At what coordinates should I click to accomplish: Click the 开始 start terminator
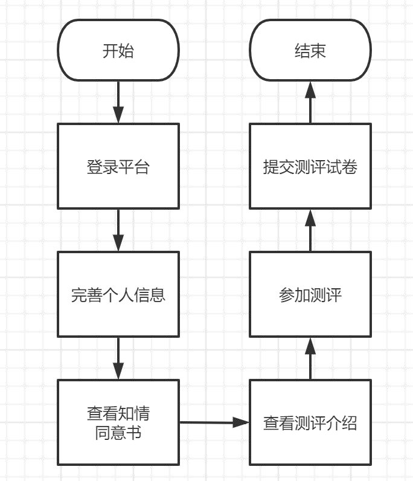pyautogui.click(x=118, y=50)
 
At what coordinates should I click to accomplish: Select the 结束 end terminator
pyautogui.click(x=310, y=50)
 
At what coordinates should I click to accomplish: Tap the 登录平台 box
pyautogui.click(x=118, y=166)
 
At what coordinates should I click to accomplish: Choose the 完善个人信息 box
pyautogui.click(x=118, y=294)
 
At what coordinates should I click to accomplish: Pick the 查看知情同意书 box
pyautogui.click(x=118, y=422)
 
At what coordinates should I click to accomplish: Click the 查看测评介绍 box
pyautogui.click(x=310, y=422)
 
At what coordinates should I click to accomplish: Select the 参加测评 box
pyautogui.click(x=310, y=294)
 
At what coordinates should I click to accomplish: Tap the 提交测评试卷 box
pyautogui.click(x=310, y=166)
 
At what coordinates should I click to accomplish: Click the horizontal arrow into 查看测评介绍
pyautogui.click(x=214, y=422)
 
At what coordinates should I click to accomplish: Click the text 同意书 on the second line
pyautogui.click(x=118, y=433)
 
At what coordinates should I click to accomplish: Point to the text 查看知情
pyautogui.click(x=118, y=414)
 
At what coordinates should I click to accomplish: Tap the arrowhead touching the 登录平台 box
pyautogui.click(x=118, y=116)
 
